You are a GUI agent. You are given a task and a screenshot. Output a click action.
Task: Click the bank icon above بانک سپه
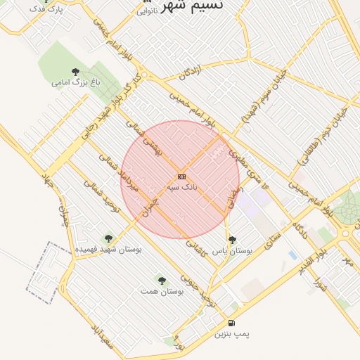point(181,176)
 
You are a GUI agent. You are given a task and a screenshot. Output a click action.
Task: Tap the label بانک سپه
point(181,187)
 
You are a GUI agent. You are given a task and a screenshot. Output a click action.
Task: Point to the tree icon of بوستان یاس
point(232,240)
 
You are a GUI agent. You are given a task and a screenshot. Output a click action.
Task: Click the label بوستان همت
point(162,290)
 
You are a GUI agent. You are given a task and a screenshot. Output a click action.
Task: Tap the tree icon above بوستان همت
point(162,280)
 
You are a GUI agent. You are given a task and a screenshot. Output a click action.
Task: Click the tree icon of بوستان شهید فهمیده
point(108,238)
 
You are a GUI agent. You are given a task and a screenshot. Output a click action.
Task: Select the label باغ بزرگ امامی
point(76,82)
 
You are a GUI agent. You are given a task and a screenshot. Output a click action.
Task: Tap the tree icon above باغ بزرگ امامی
point(76,71)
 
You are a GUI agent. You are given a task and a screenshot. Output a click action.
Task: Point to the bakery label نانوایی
point(147,11)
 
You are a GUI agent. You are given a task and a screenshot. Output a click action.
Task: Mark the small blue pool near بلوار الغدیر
point(292,255)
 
